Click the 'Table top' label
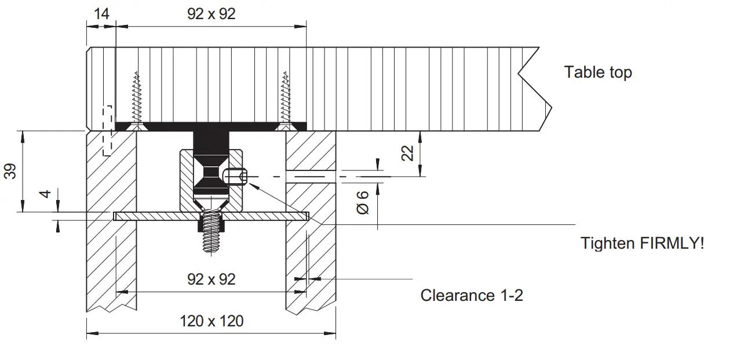pyautogui.click(x=597, y=72)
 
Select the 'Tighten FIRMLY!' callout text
pyautogui.click(x=642, y=243)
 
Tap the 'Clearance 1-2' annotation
pyautogui.click(x=471, y=295)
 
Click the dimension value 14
pyautogui.click(x=101, y=14)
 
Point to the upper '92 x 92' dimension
pyautogui.click(x=211, y=14)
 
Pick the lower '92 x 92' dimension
pyautogui.click(x=211, y=279)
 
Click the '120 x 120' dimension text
pyautogui.click(x=211, y=321)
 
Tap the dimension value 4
pyautogui.click(x=47, y=193)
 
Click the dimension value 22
pyautogui.click(x=408, y=153)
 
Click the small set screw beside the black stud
pyautogui.click(x=236, y=175)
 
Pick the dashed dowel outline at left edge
pyautogui.click(x=107, y=130)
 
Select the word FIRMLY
pyautogui.click(x=672, y=243)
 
